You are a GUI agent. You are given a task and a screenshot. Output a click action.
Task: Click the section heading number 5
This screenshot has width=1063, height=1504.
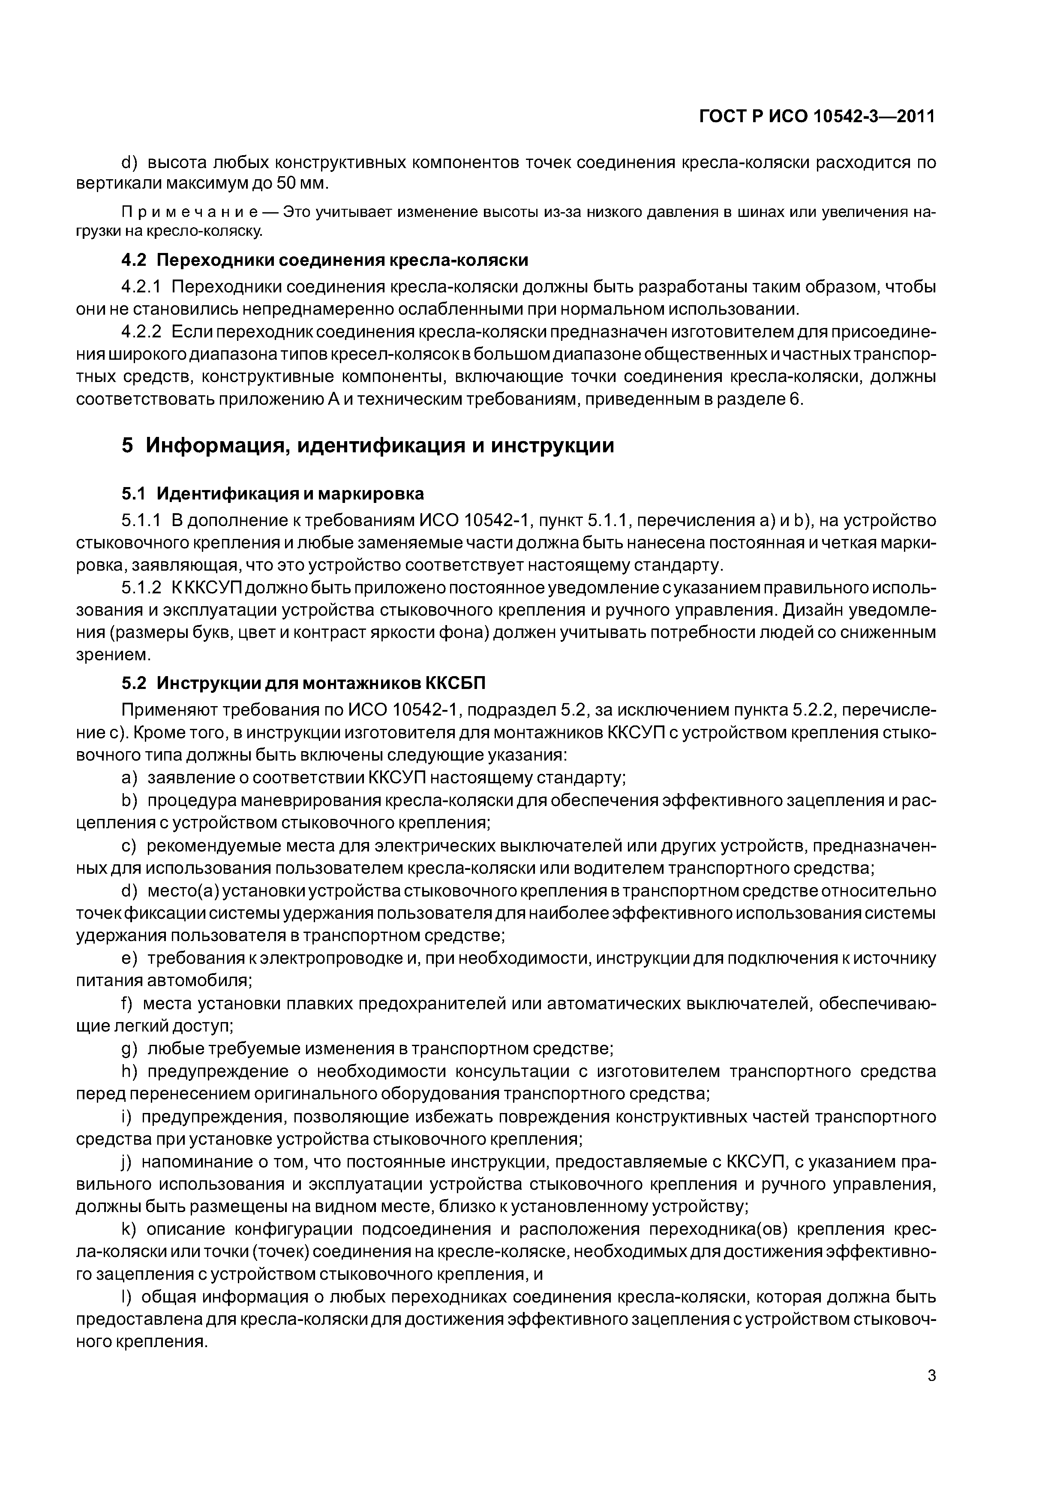pos(128,445)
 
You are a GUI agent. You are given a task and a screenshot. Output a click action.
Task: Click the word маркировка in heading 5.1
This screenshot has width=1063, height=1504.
pos(372,493)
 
